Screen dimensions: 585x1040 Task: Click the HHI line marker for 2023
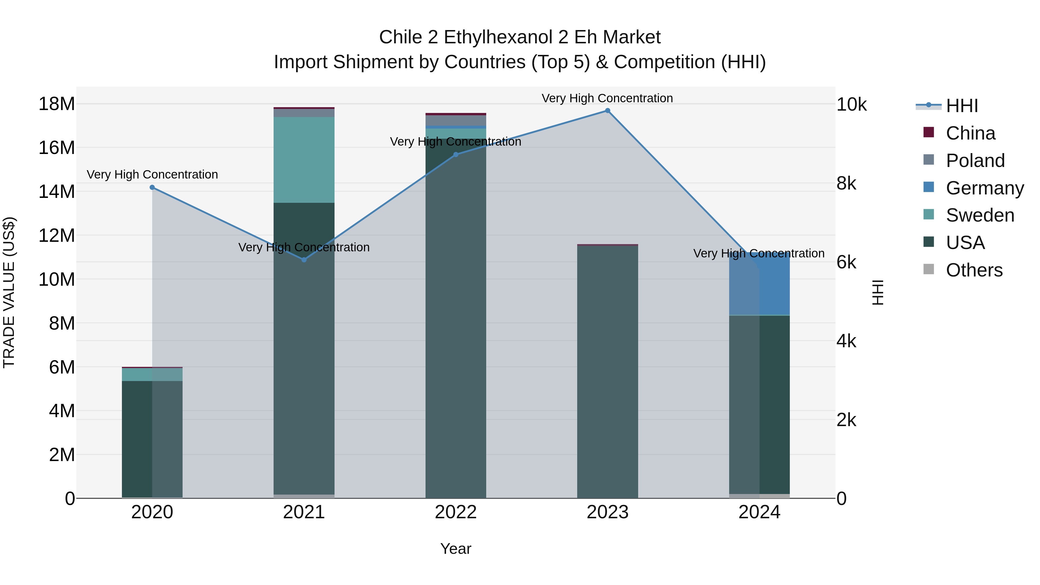607,111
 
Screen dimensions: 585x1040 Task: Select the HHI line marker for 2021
304,260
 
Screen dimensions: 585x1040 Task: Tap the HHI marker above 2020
152,187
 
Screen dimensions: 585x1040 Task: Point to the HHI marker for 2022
456,154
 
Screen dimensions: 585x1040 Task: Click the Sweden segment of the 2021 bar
304,160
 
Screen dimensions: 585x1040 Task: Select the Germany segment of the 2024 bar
759,284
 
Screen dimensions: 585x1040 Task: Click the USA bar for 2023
607,372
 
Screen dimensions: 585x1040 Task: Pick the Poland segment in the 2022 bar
456,120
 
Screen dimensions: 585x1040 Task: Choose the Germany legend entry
984,188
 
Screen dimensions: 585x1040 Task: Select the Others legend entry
974,270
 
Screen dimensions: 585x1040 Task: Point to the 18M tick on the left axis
57,104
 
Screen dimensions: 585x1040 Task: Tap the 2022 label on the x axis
456,512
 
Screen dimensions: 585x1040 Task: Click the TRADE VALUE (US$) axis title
9,292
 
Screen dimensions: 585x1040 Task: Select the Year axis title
456,549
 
